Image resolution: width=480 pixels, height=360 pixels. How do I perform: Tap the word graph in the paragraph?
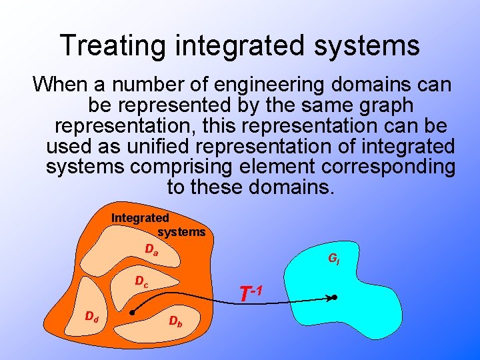tap(385, 105)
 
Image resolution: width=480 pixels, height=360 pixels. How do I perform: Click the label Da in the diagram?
tap(151, 250)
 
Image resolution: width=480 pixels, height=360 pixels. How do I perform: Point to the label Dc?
tap(141, 282)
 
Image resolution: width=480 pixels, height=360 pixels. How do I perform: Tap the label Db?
tap(175, 321)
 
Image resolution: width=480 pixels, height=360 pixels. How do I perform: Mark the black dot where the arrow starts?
tap(133, 311)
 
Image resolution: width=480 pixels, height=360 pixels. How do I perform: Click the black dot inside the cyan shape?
tap(335, 297)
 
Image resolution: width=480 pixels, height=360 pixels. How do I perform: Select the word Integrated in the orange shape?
tap(140, 218)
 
